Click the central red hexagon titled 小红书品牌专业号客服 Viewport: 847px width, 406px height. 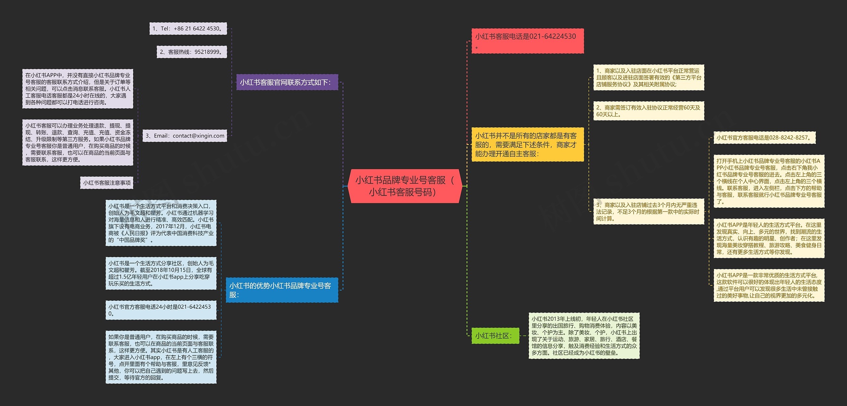point(404,186)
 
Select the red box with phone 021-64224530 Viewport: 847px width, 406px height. point(527,41)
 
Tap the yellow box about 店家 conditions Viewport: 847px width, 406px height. point(527,145)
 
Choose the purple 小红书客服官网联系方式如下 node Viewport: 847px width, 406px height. point(287,82)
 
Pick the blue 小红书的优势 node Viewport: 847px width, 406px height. point(282,290)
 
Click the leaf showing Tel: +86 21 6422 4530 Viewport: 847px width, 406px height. point(188,29)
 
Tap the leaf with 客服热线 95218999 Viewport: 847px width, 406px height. point(192,52)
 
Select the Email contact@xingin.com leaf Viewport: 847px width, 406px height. point(185,136)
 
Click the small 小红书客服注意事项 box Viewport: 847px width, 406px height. point(107,183)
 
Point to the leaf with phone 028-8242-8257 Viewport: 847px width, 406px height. point(764,138)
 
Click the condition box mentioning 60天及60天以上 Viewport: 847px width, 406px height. point(648,111)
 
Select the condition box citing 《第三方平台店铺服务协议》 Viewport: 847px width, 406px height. point(648,77)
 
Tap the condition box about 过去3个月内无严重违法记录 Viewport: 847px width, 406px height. point(648,212)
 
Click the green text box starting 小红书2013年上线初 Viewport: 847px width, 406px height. point(584,336)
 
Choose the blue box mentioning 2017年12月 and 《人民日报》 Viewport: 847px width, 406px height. point(161,223)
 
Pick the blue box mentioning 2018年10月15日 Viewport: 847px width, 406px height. point(161,273)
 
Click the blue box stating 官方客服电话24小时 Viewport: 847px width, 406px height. point(161,310)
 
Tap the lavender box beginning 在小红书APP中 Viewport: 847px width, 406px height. point(78,89)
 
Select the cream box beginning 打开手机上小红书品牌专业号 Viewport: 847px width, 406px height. point(769,181)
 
